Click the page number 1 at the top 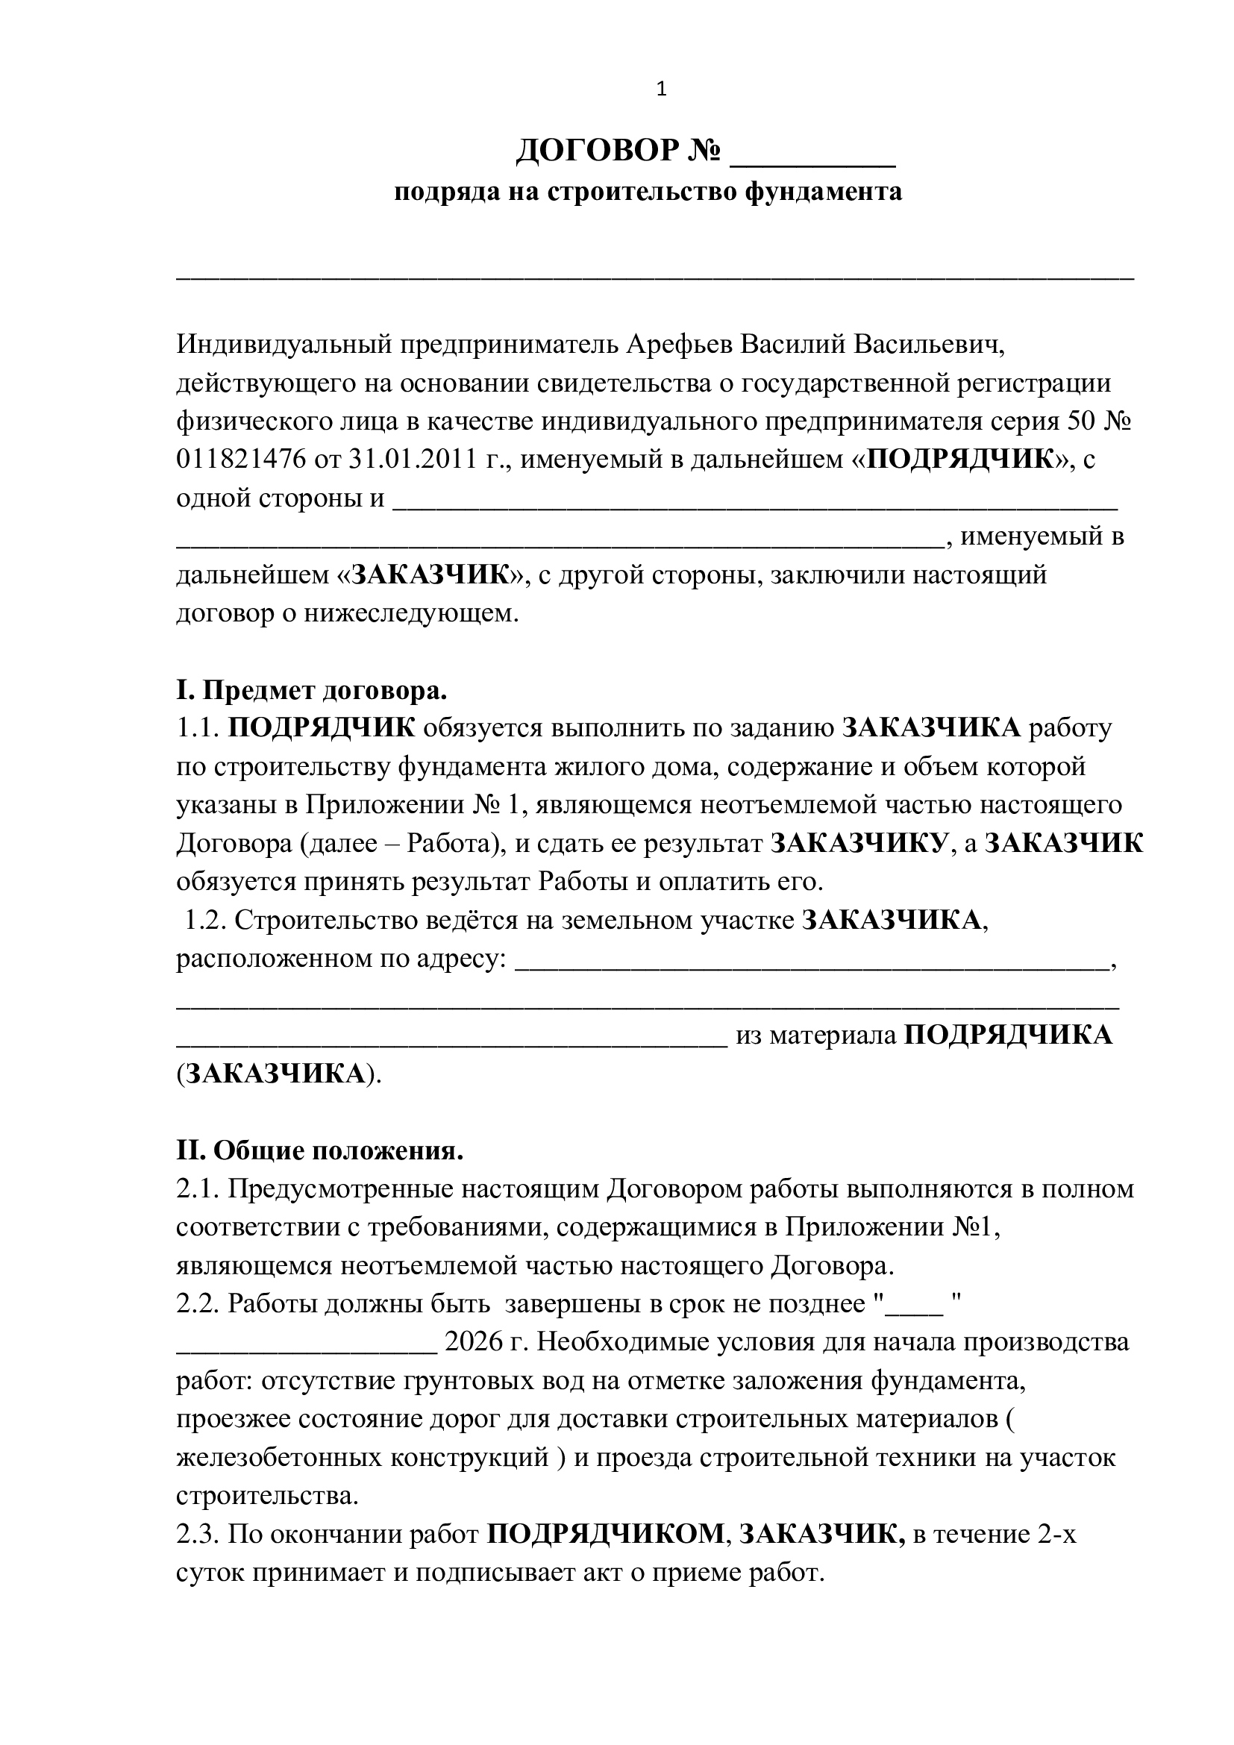(661, 90)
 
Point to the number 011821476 (241, 459)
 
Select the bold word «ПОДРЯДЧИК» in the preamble (960, 459)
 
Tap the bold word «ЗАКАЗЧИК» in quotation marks (430, 574)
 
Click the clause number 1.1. (198, 728)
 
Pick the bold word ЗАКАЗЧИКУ (859, 844)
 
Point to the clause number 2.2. (198, 1304)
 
